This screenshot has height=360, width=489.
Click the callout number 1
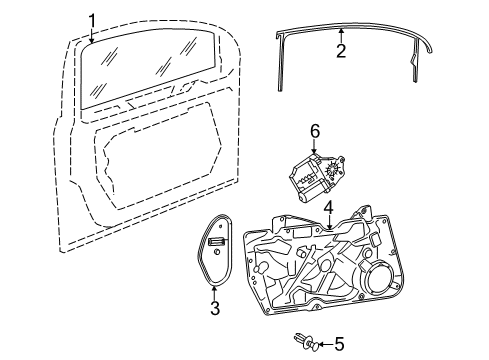(92, 21)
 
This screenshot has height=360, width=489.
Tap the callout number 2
(341, 51)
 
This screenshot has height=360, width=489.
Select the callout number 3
(215, 308)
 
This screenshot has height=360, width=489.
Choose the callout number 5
(339, 344)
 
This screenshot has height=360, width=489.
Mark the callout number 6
(315, 131)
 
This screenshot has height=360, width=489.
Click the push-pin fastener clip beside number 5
(306, 342)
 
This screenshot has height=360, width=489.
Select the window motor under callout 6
(314, 177)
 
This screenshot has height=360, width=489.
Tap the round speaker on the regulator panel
(380, 277)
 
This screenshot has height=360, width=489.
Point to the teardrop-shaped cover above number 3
(214, 250)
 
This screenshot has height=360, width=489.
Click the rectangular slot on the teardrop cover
(217, 242)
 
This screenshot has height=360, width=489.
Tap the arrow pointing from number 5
(325, 344)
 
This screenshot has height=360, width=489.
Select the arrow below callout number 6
(315, 147)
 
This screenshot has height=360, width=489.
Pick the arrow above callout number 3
(215, 292)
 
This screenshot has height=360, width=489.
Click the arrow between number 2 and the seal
(341, 36)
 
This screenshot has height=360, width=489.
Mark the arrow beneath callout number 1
(92, 36)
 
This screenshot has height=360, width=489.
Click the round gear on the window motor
(333, 169)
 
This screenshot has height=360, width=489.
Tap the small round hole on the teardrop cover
(217, 252)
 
